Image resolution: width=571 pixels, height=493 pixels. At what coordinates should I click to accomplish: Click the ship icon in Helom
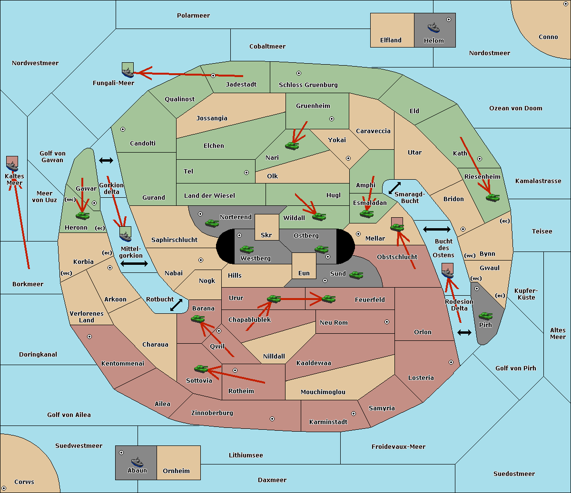(x=433, y=28)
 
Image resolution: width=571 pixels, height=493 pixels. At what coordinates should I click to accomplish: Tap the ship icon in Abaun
(x=137, y=462)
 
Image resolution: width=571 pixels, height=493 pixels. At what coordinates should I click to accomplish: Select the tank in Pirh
(x=485, y=316)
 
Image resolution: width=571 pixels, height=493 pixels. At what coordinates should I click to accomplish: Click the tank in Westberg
(x=246, y=249)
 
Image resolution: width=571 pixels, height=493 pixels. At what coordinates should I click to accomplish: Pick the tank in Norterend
(x=212, y=223)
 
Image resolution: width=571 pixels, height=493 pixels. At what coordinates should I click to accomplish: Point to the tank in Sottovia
(x=201, y=368)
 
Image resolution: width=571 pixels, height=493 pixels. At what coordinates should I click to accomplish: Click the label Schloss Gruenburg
(x=308, y=85)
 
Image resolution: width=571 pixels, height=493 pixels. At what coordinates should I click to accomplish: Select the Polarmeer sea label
(x=193, y=16)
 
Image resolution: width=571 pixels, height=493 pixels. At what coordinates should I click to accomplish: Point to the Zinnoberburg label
(x=212, y=413)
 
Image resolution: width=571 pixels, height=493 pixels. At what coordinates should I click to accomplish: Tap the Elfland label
(x=391, y=40)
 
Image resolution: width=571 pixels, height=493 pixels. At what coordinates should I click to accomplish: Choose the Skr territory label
(x=266, y=235)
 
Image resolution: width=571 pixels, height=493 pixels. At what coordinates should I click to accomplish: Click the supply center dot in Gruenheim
(x=332, y=119)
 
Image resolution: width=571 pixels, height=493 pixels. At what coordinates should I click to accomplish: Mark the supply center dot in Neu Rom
(x=387, y=322)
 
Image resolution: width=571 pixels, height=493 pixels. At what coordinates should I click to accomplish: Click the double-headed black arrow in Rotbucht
(x=176, y=305)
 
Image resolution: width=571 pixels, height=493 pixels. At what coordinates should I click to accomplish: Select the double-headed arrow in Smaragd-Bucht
(x=394, y=188)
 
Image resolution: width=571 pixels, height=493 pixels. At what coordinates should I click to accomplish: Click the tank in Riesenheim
(x=493, y=198)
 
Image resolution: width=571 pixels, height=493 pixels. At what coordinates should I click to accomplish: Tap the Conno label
(x=548, y=37)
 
